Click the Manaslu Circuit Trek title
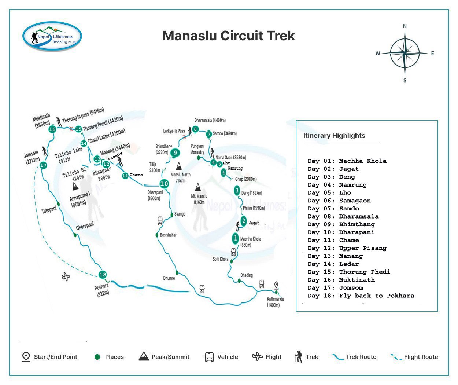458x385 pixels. click(x=229, y=36)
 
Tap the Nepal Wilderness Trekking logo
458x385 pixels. click(x=52, y=36)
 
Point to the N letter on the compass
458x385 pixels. click(x=405, y=26)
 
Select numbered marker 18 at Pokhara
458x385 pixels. click(x=103, y=274)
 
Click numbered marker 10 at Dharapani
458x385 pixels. click(x=164, y=184)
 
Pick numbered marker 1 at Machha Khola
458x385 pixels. click(x=236, y=238)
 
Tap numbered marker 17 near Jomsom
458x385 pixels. click(x=43, y=165)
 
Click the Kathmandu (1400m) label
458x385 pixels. click(x=276, y=302)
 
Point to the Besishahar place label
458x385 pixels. click(x=168, y=235)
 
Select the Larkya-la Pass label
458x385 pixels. click(x=174, y=131)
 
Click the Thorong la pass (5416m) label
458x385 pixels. click(x=83, y=115)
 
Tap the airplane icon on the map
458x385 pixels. click(x=66, y=276)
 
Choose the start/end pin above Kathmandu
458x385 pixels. click(x=276, y=285)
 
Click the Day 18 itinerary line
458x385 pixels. click(x=361, y=296)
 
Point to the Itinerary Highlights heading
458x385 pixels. click(x=334, y=136)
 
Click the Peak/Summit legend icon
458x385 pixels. click(x=144, y=356)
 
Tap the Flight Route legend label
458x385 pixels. click(x=421, y=357)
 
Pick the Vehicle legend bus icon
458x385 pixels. click(x=209, y=357)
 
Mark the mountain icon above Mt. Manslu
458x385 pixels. click(x=198, y=187)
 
